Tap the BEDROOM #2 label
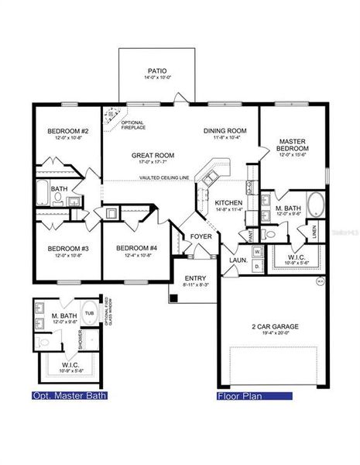(x=68, y=131)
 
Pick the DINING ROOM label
(x=225, y=130)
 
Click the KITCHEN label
(x=229, y=203)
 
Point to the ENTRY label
(x=194, y=278)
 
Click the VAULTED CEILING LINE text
(x=165, y=178)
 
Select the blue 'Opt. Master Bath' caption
(x=68, y=395)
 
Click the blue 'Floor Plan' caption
(x=240, y=395)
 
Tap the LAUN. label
(x=238, y=260)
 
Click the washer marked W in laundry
(x=257, y=250)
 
